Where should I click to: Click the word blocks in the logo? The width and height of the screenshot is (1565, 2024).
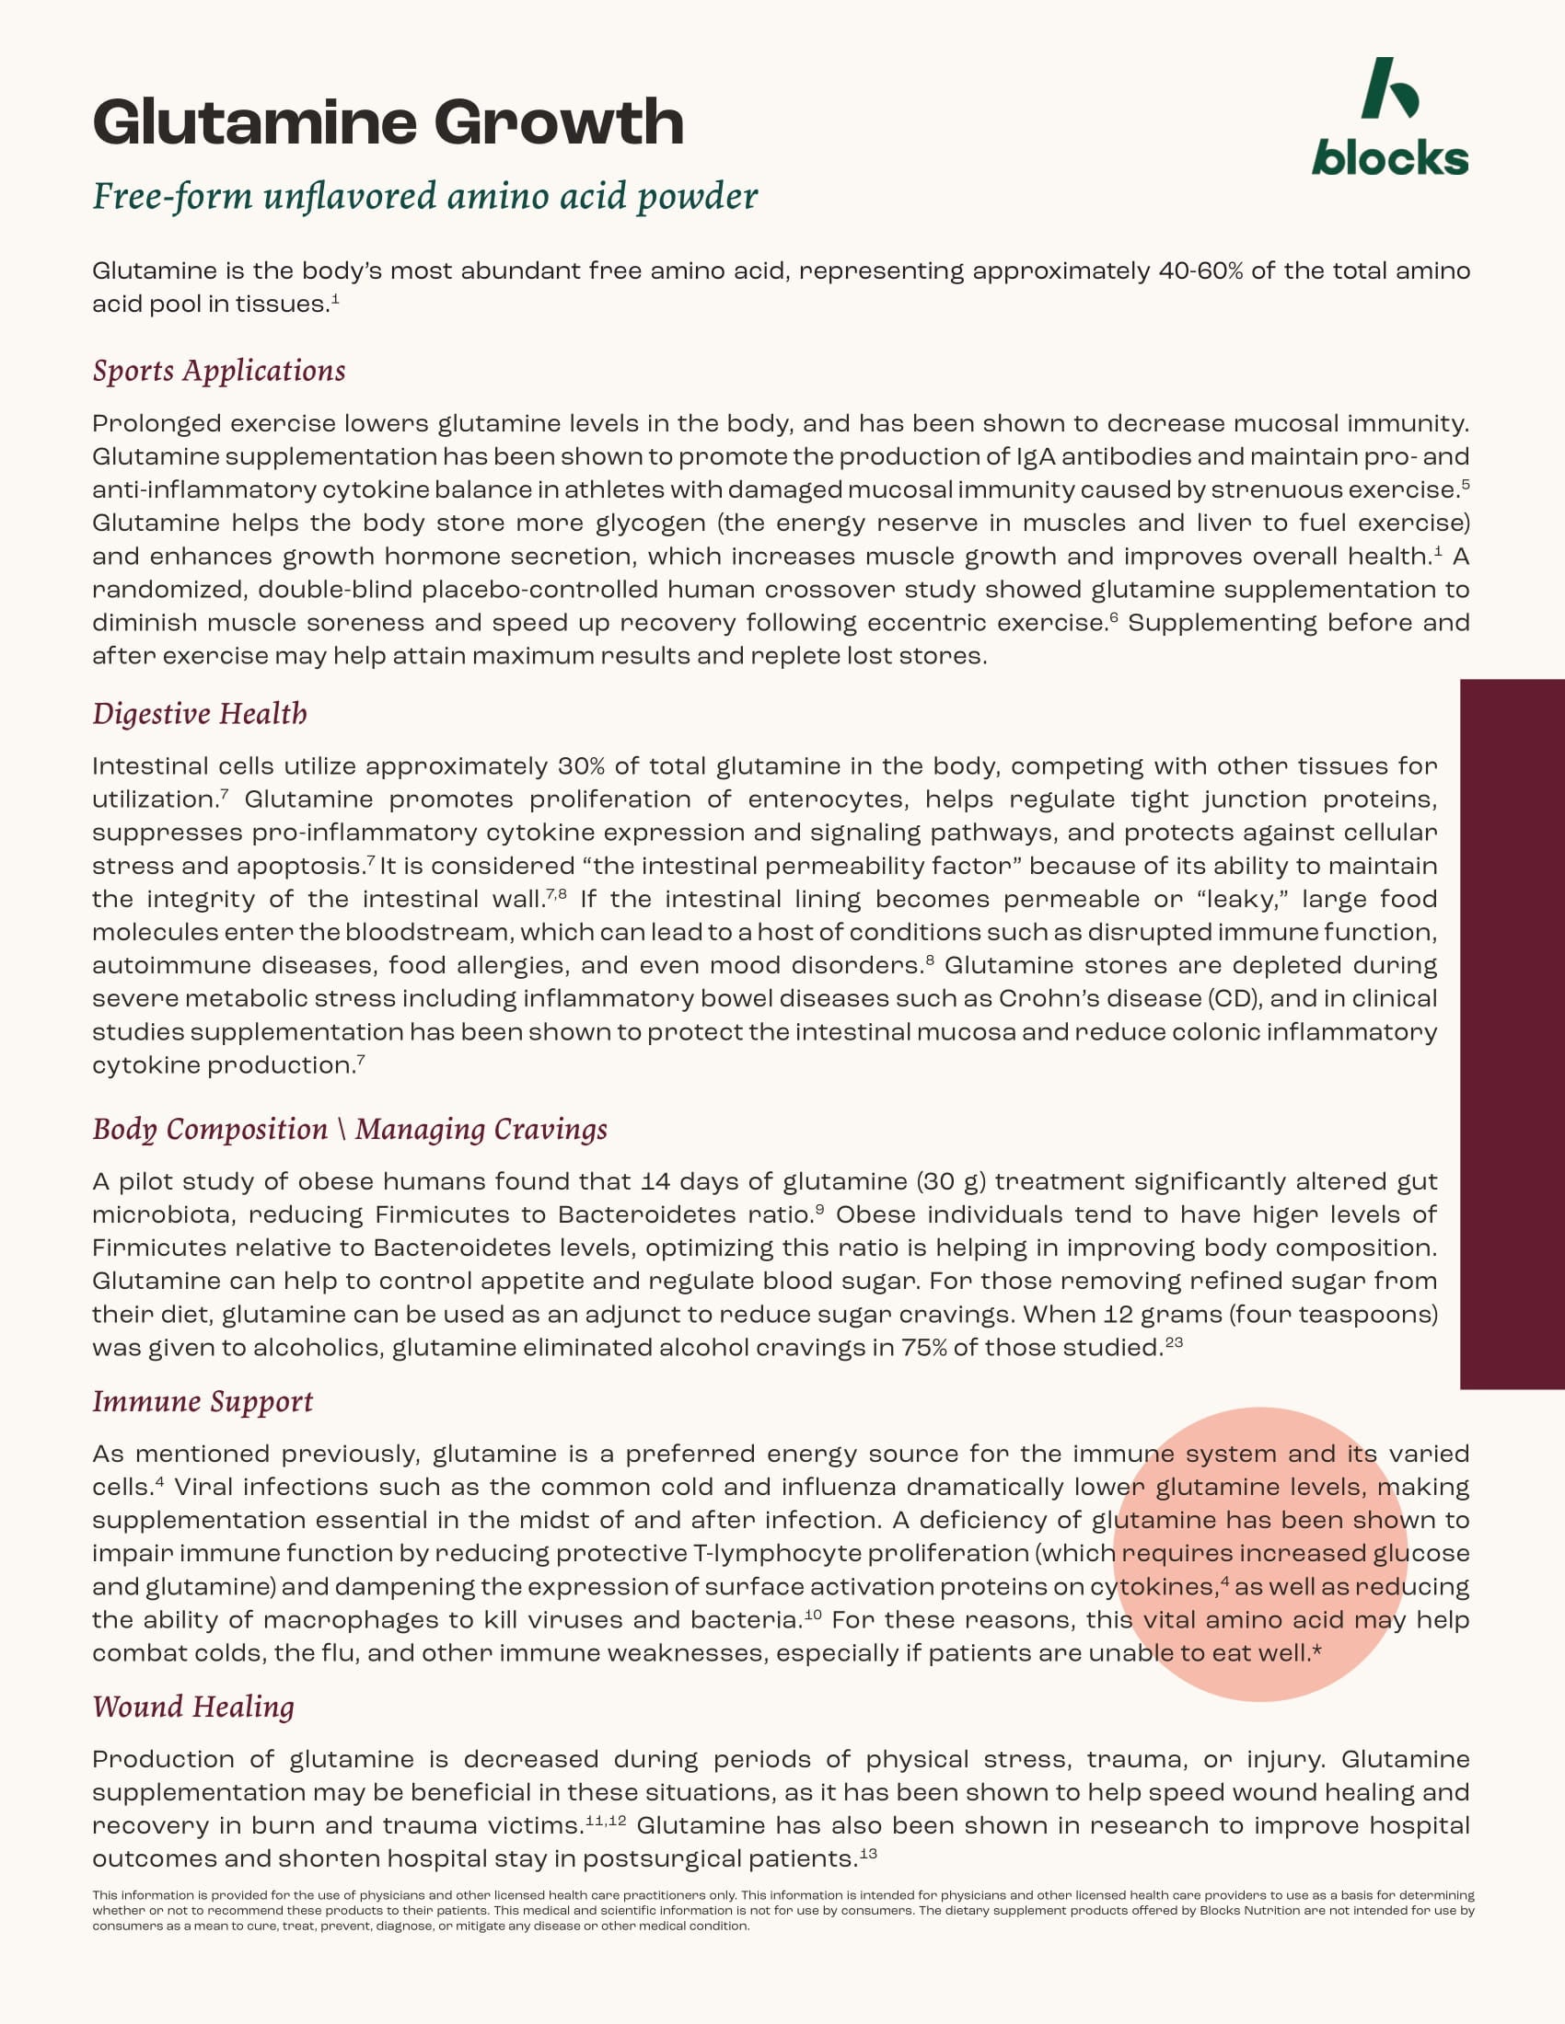(1389, 159)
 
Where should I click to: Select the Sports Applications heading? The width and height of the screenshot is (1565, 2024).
(219, 371)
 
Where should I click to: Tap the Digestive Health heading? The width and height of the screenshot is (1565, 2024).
(200, 714)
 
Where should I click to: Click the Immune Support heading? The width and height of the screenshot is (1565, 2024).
(203, 1401)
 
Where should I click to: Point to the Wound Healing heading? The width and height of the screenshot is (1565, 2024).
(192, 1706)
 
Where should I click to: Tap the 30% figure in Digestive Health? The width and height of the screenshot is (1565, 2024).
(581, 766)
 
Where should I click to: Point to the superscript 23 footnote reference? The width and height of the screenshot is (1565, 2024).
(1174, 1341)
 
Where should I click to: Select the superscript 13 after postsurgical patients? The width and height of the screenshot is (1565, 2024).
(868, 1854)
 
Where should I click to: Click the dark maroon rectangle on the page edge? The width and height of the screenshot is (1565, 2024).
(1513, 1034)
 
